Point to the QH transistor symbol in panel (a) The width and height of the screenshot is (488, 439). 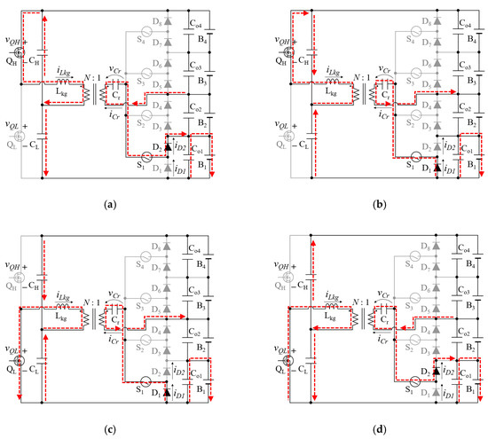coord(18,51)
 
